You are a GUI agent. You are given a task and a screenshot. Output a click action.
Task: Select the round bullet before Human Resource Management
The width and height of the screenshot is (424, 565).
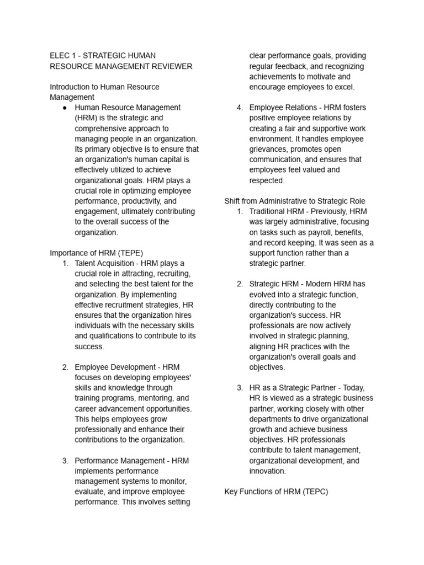(x=65, y=108)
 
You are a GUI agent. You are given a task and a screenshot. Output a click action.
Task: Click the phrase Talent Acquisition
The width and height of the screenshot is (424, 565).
(x=107, y=263)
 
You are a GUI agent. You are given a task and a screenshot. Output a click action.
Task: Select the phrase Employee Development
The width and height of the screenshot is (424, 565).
(x=114, y=367)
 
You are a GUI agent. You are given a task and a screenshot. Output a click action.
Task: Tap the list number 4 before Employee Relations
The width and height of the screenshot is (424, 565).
(x=240, y=108)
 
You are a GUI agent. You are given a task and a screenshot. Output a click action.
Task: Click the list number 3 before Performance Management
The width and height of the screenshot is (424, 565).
(x=65, y=461)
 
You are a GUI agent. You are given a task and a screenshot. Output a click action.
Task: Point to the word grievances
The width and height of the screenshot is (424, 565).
(x=269, y=149)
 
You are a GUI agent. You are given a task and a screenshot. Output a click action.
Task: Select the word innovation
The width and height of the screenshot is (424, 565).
(x=267, y=471)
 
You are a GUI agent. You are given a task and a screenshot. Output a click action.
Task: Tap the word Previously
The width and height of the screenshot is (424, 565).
(x=330, y=211)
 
